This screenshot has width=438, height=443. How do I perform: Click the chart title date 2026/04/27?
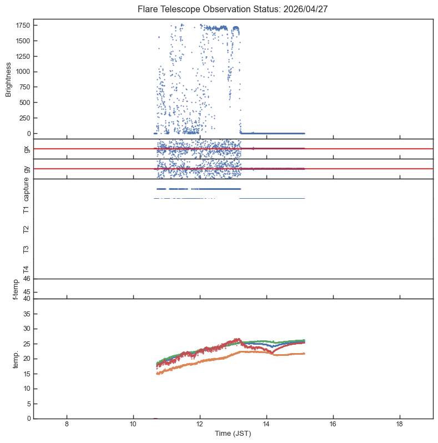coord(305,9)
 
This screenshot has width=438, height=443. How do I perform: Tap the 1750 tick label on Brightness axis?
coord(23,26)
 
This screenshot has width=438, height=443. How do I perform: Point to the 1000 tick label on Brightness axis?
coord(23,72)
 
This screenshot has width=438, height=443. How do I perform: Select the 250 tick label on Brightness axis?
coord(25,118)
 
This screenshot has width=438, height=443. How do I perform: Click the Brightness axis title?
coord(8,80)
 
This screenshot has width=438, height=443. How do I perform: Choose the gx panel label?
coord(27,149)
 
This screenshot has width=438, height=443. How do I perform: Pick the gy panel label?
coord(27,169)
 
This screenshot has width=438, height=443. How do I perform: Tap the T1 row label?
coord(26,210)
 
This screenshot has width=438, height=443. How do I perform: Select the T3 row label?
coord(26,249)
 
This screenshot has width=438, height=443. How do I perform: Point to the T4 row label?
coord(26,270)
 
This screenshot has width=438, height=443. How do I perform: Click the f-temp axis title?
coord(16,289)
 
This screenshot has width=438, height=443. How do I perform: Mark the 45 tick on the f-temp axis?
coord(27,292)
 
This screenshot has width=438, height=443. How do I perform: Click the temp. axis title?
coord(16,360)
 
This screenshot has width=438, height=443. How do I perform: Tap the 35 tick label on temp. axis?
coord(27,314)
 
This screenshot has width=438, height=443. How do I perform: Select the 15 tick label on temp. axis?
coord(27,374)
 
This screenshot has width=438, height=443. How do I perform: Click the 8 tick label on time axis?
coord(67,424)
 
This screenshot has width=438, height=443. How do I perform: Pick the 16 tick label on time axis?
coord(333,424)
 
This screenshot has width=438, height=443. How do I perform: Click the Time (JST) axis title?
coord(233,434)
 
